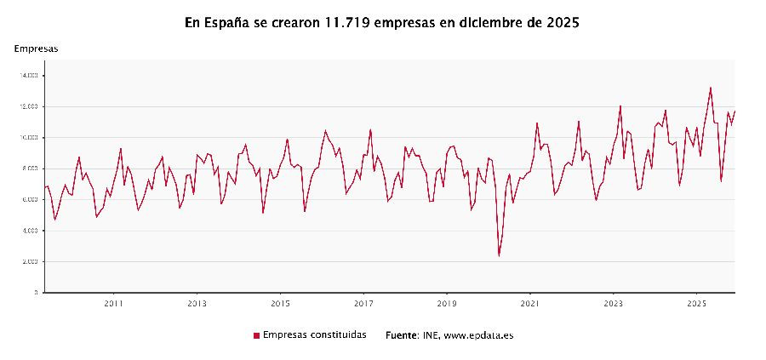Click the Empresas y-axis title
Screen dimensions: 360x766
(36, 49)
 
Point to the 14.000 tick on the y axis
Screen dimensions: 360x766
(30, 76)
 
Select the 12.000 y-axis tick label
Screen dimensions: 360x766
(30, 106)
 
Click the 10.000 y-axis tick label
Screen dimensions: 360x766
(30, 138)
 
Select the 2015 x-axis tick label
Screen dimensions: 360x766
(280, 303)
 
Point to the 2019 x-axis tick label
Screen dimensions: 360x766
(447, 303)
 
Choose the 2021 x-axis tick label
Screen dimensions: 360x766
(530, 303)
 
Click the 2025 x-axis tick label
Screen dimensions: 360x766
(697, 303)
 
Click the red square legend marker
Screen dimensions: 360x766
(256, 335)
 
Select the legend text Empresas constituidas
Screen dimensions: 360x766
(315, 335)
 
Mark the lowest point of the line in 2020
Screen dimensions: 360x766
(499, 255)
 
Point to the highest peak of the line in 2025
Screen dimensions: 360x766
(711, 88)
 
